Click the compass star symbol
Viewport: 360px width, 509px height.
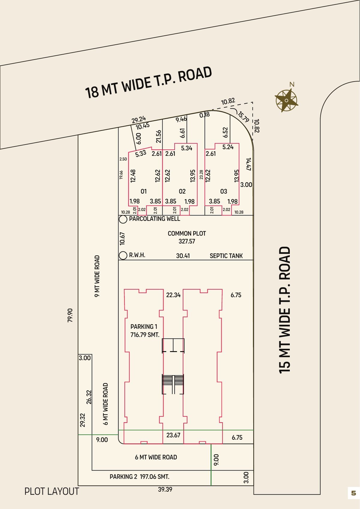click(286, 100)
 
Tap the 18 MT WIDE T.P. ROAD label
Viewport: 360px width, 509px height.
click(148, 83)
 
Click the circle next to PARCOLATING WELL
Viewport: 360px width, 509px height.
click(123, 219)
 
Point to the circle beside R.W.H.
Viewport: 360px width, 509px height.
click(123, 255)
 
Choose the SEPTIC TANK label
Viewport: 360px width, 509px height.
click(226, 256)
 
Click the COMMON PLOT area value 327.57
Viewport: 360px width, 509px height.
click(187, 241)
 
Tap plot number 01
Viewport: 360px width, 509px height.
click(143, 191)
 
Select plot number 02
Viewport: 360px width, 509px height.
click(182, 191)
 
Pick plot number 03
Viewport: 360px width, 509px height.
click(224, 191)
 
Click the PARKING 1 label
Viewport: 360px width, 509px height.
click(144, 327)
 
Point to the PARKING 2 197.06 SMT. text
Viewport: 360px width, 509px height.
click(139, 477)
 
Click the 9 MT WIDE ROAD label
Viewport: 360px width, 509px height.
click(97, 276)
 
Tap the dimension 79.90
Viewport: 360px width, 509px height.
click(70, 315)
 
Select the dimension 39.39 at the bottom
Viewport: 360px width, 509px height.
click(165, 489)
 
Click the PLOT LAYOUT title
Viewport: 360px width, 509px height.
click(52, 492)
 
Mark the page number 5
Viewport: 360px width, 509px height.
click(354, 493)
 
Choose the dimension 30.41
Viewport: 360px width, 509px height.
click(183, 256)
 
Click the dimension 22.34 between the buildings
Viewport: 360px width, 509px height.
click(173, 295)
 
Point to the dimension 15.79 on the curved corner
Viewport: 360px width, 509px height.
click(243, 116)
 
